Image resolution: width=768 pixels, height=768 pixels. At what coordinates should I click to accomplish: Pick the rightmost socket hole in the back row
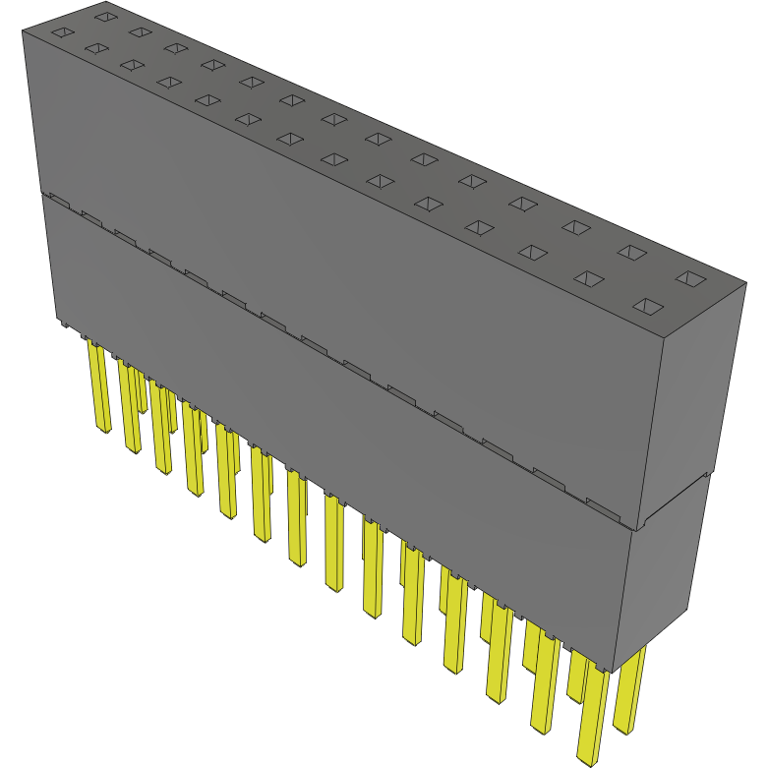tap(690, 279)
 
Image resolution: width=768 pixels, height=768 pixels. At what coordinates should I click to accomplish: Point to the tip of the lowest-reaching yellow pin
tap(587, 758)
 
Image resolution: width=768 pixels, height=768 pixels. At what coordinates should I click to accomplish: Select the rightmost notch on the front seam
tap(604, 507)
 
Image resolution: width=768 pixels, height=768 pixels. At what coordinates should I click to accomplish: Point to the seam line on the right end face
tap(674, 502)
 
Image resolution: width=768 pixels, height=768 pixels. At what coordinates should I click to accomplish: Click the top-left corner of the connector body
tap(24, 31)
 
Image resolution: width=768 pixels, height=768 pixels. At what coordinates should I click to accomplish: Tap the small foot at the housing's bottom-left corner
tap(61, 323)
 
